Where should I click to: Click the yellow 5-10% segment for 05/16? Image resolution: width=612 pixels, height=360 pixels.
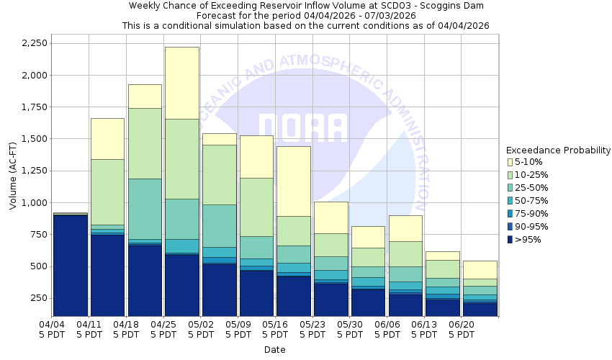pos(294,181)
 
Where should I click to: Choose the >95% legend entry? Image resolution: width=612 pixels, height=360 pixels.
pos(529,240)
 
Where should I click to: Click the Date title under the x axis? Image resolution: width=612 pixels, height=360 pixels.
pos(274,350)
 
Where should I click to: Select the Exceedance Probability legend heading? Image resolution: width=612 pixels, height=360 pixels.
pos(559,150)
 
